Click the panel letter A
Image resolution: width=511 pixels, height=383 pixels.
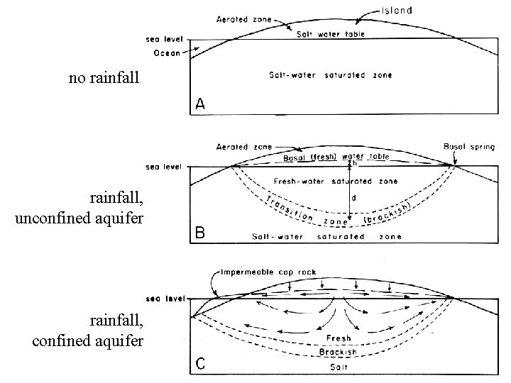201,104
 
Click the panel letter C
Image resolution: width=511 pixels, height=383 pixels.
201,365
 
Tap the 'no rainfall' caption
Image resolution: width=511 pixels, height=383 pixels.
106,78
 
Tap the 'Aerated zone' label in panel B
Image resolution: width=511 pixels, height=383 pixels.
243,146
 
